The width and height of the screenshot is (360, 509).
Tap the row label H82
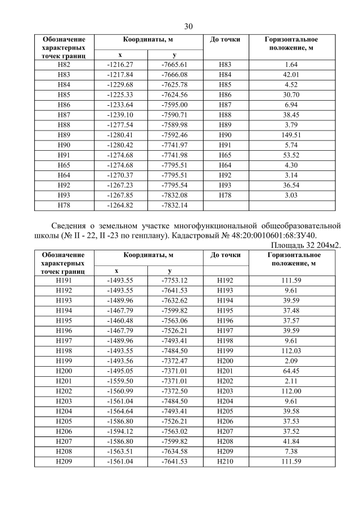pos(64,65)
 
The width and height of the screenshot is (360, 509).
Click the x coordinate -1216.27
pos(120,65)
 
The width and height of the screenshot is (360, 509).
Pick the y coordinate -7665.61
pos(174,65)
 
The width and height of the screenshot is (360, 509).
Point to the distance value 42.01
pos(291,75)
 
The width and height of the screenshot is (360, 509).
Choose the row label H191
pos(64,280)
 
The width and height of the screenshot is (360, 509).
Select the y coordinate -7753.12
pos(174,280)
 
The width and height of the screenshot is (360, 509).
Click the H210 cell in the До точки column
pos(225,462)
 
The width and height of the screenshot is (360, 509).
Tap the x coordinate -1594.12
pos(120,430)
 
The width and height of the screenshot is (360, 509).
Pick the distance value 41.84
pos(291,440)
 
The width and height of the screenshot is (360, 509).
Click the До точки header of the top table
pos(225,40)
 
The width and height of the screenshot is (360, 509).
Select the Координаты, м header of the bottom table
pos(148,255)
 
